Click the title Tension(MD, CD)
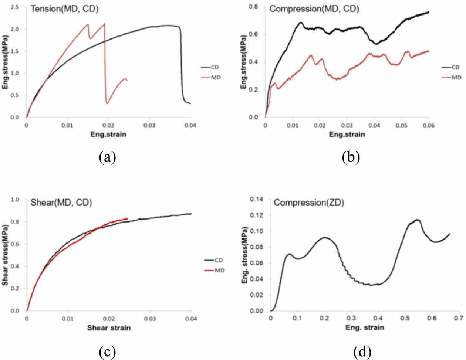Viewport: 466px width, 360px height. (64, 9)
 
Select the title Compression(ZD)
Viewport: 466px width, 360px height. (309, 203)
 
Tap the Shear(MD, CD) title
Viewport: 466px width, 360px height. (61, 203)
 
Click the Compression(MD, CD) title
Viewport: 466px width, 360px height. (314, 9)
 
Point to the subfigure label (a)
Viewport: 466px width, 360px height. (108, 157)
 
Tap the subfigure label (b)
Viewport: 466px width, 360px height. (351, 157)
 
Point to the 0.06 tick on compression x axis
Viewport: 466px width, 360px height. (429, 126)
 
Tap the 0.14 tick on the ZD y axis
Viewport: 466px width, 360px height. (257, 200)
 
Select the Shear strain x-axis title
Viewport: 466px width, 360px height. (109, 328)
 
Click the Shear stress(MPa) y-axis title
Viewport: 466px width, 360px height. (5, 255)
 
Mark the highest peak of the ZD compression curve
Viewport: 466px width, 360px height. (418, 220)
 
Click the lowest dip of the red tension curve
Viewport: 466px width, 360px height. (107, 103)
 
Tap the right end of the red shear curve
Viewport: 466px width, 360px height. (127, 218)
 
